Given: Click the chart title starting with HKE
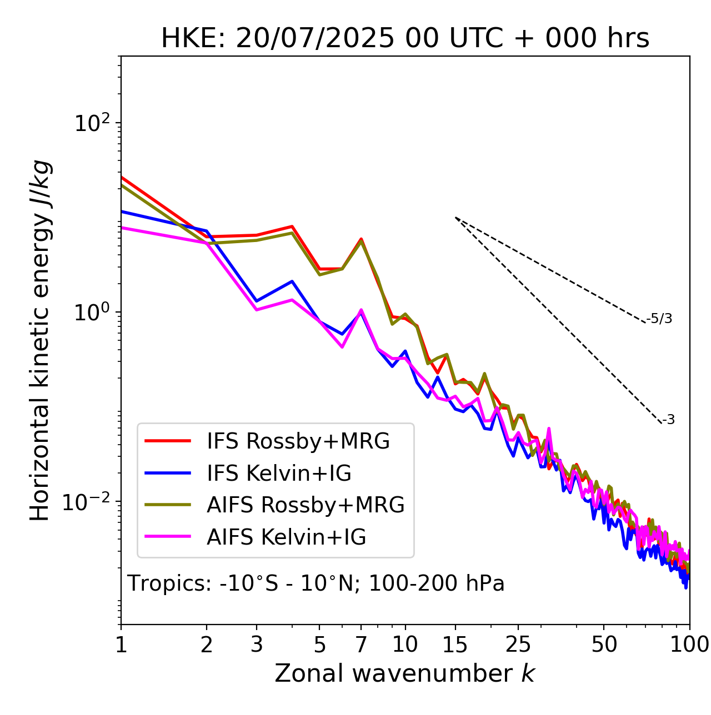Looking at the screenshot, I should click(405, 39).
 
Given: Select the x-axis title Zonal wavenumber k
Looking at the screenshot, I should click(405, 673).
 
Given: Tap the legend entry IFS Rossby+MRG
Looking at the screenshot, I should click(298, 441).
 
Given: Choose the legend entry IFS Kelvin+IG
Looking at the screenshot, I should click(279, 474).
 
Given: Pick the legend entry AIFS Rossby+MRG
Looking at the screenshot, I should click(306, 505).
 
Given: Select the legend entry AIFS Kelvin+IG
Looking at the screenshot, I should click(286, 537).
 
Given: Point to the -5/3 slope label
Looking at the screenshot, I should click(659, 319).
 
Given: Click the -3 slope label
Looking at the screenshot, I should click(668, 420).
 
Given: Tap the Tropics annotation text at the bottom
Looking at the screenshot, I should click(316, 583).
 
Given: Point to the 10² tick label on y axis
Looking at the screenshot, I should click(92, 123).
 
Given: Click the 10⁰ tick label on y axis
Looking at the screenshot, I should click(92, 313).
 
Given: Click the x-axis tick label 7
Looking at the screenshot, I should click(361, 644).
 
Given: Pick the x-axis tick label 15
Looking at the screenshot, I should click(455, 644).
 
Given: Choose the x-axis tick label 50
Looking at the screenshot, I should click(604, 644).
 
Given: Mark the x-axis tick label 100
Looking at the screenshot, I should click(689, 644).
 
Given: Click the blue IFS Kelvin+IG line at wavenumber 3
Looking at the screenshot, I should click(257, 301).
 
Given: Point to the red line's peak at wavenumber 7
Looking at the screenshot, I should click(361, 239).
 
